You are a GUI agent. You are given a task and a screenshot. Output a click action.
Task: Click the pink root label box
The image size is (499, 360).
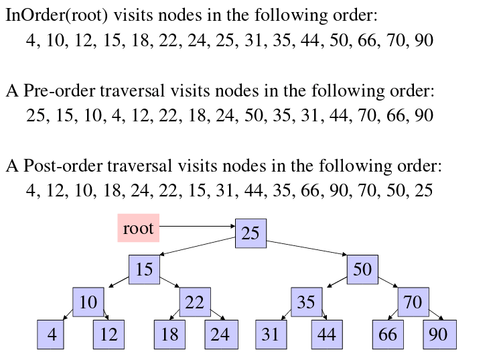[x=138, y=228]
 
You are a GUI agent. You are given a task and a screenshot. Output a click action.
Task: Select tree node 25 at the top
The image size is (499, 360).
[x=251, y=233]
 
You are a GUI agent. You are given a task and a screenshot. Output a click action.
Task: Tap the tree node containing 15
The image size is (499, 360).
[x=144, y=269]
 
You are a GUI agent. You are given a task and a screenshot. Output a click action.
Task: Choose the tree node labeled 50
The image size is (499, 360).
[x=362, y=269]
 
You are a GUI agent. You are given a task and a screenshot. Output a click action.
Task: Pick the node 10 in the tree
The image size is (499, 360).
[x=88, y=302]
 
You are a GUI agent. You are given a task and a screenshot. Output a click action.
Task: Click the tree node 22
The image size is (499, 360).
[x=194, y=302]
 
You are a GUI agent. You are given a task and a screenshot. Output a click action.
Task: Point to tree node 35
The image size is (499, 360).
[x=306, y=302]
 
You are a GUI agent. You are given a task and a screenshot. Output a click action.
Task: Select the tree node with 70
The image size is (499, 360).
[x=413, y=302]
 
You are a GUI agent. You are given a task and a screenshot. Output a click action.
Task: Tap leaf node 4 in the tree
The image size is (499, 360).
[x=52, y=335]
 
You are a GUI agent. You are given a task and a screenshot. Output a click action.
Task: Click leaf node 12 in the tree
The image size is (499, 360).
[x=109, y=335]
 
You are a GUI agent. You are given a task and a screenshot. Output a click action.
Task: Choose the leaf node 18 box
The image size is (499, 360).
[x=170, y=335]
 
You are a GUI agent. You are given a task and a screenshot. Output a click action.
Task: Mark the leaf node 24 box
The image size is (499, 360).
[x=220, y=335]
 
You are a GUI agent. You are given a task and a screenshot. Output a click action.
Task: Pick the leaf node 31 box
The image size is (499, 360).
[x=271, y=335]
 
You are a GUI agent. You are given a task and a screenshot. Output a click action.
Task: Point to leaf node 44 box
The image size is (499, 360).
[x=327, y=335]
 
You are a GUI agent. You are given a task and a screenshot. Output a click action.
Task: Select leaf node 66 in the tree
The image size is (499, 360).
[x=388, y=335]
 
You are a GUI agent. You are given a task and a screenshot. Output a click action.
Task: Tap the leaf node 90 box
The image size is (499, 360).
[x=439, y=335]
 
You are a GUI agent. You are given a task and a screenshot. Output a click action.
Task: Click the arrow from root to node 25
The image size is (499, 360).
[x=198, y=226]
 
